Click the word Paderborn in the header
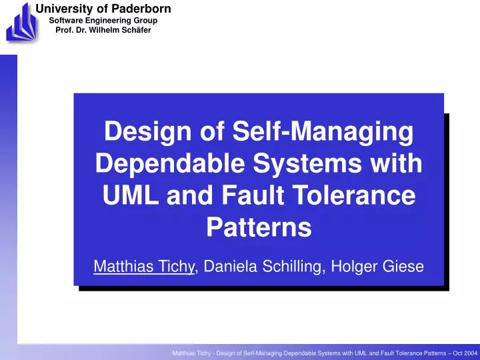click(141, 9)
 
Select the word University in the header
click(61, 9)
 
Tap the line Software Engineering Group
click(103, 20)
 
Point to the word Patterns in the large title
click(259, 229)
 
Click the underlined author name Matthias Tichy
click(143, 267)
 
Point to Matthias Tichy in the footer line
click(191, 352)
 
